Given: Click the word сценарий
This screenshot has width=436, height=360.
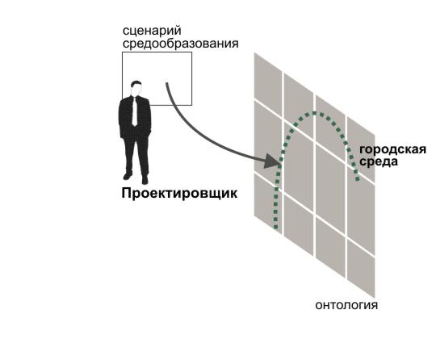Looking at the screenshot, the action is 152,31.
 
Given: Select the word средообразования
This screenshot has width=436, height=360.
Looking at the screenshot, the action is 181,44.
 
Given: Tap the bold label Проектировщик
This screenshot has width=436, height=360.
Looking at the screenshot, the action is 179,193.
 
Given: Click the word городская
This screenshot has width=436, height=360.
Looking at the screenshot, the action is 392,150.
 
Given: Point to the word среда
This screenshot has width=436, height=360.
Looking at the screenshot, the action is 379,161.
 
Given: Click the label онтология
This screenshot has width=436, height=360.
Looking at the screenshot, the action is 346,305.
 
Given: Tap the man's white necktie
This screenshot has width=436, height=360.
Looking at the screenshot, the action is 135,111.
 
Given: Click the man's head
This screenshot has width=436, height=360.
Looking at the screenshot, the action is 136,88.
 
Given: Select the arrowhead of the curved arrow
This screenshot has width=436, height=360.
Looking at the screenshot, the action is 273,161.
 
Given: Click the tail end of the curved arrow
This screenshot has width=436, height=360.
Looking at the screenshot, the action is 167,83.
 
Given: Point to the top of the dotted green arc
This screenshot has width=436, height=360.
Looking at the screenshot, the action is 315,113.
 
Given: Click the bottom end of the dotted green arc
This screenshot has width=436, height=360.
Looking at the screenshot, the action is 275,227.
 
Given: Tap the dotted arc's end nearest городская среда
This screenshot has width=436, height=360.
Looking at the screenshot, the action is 358,179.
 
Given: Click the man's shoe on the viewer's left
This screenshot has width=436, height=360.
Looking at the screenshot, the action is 128,176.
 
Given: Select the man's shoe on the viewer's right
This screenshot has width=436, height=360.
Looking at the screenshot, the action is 145,180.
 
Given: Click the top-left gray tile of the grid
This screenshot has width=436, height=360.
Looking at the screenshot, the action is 268,80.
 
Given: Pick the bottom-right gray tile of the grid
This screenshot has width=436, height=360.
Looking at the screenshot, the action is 361,269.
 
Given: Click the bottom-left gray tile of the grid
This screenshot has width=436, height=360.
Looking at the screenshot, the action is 268,203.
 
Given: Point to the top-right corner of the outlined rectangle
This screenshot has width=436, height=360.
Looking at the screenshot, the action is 191,52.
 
